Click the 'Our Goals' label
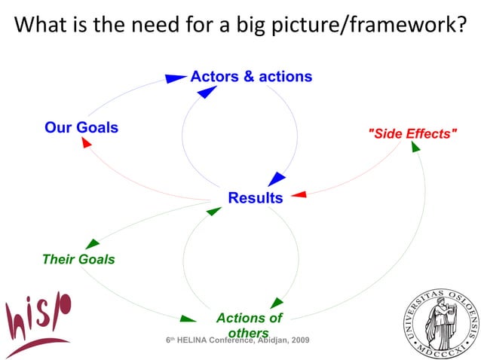(81, 127)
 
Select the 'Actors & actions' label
(251, 77)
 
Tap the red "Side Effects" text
(412, 133)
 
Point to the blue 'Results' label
(256, 198)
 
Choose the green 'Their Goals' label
(78, 259)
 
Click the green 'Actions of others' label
(249, 325)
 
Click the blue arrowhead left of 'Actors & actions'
(176, 78)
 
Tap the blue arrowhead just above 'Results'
(277, 179)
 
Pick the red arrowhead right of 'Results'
(299, 195)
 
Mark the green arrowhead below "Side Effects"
(415, 146)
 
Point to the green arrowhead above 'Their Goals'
(92, 243)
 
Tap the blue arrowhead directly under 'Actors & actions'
(207, 92)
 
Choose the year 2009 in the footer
(299, 340)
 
